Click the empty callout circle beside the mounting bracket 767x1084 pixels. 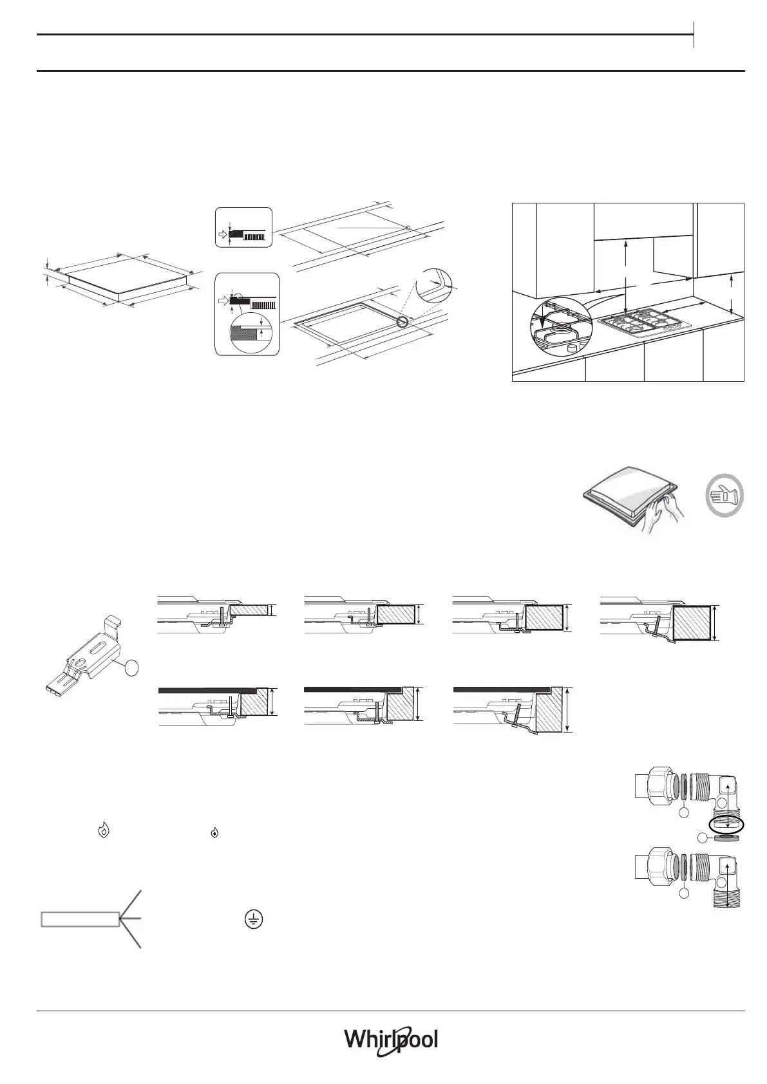click(x=131, y=668)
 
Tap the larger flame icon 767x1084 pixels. click(x=104, y=831)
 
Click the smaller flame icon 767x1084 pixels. click(x=214, y=833)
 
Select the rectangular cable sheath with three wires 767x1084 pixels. click(x=80, y=919)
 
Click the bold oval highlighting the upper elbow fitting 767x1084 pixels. click(x=726, y=825)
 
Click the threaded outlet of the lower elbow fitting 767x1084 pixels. click(x=728, y=897)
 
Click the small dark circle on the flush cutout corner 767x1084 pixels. click(x=403, y=321)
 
